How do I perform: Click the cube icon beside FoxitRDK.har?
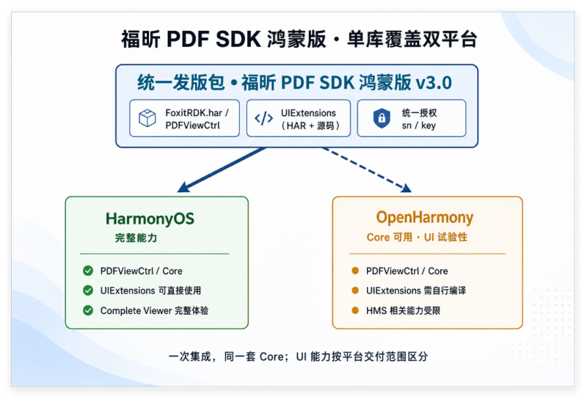pos(147,118)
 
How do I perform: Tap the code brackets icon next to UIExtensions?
pos(264,118)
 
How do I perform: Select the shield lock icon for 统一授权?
pos(382,118)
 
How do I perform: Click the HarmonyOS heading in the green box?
pos(150,219)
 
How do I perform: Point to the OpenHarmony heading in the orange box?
pos(425,218)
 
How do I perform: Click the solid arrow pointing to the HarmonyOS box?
pos(222,169)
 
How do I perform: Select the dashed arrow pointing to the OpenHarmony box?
pos(367,169)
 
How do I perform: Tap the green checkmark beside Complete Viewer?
pos(88,310)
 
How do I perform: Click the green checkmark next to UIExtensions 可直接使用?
pos(88,290)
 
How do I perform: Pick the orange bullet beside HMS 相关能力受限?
pos(355,310)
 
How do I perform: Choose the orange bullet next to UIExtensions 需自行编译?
pos(355,290)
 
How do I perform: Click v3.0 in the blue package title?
pos(434,83)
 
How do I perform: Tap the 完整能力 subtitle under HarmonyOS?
pos(136,238)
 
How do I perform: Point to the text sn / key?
pos(418,125)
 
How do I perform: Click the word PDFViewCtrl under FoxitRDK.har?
pos(192,125)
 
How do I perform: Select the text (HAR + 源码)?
pos(310,125)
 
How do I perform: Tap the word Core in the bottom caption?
pos(271,356)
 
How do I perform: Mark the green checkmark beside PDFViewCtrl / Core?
pos(88,271)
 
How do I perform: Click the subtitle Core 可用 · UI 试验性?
pos(417,238)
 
